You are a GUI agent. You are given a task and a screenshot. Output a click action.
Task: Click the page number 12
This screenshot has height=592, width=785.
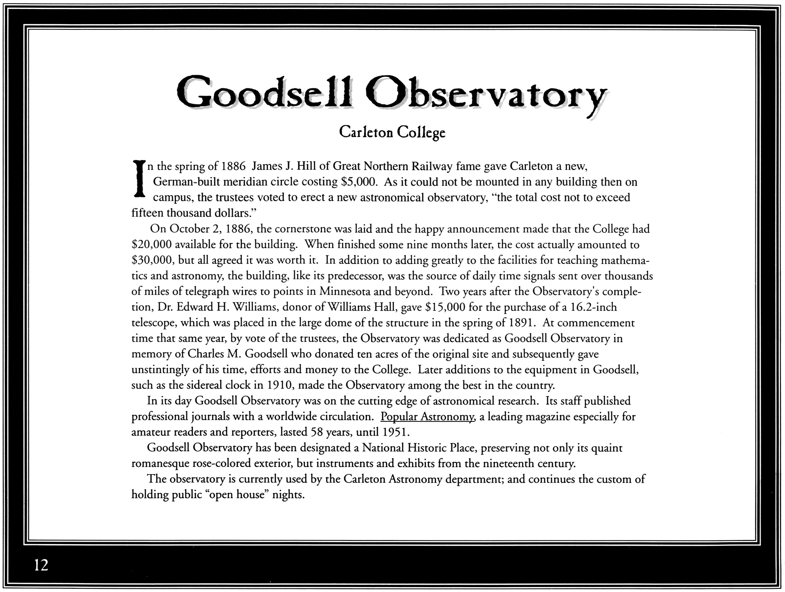pos(41,565)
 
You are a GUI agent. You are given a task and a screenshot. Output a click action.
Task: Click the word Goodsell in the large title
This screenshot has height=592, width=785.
pos(265,92)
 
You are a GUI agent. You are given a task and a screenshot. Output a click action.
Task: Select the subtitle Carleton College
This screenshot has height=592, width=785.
pos(392,132)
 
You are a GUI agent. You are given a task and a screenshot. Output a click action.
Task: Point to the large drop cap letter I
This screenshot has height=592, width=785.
pos(139,180)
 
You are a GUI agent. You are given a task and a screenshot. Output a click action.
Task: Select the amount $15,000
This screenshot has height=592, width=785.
pos(442,307)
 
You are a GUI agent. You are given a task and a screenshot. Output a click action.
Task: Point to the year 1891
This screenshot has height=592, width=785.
pos(521,323)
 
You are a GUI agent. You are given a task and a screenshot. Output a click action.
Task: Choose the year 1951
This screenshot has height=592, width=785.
pos(395,432)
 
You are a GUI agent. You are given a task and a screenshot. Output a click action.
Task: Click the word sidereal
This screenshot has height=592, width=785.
pos(205,385)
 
